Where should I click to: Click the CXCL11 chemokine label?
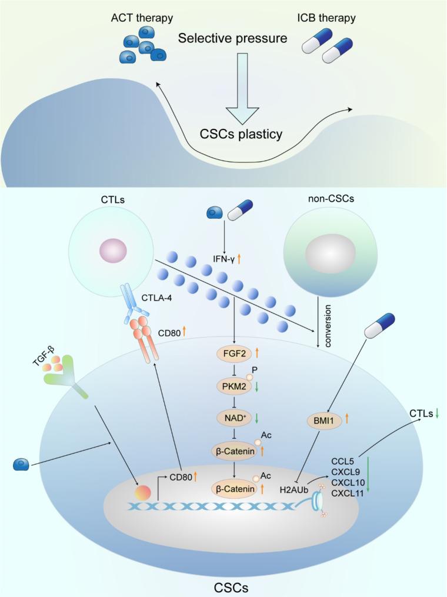pyautogui.click(x=345, y=493)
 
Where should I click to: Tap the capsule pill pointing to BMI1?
pyautogui.click(x=380, y=325)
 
